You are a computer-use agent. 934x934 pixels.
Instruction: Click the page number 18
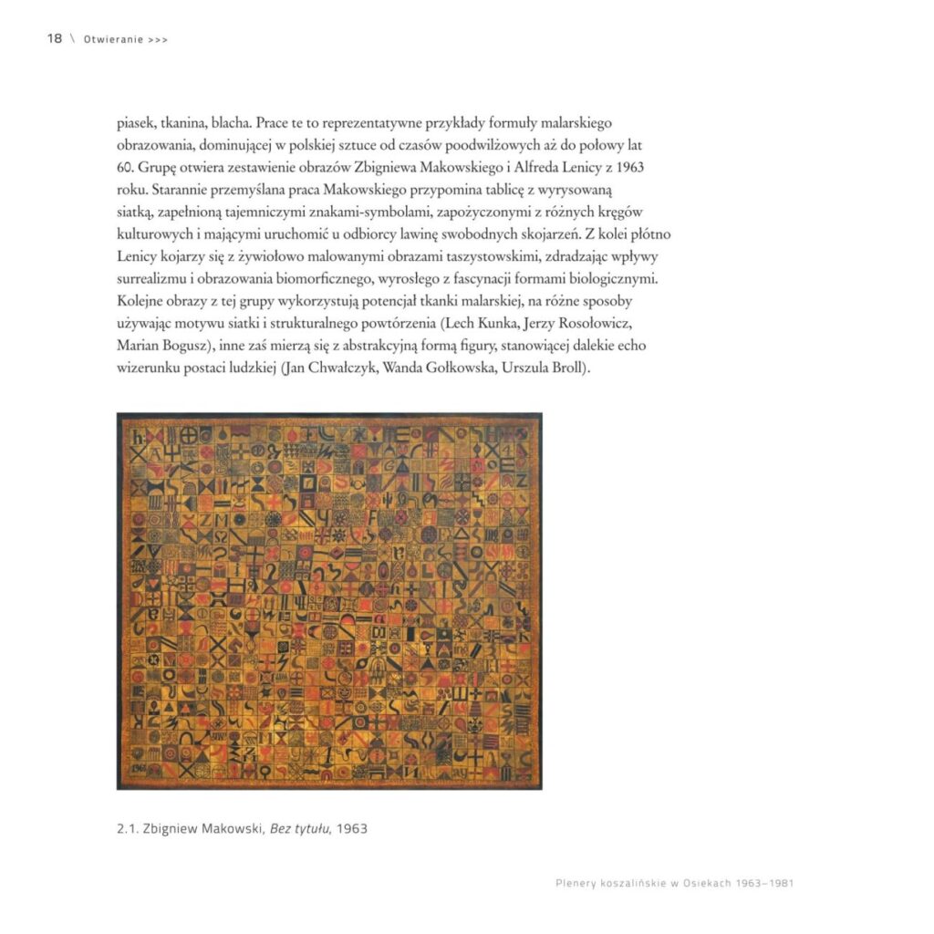pos(54,38)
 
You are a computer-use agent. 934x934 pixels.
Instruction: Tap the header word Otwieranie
pos(112,39)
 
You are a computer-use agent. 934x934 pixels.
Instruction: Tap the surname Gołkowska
pos(451,368)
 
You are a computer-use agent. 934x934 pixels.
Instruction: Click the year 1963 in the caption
pos(352,829)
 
